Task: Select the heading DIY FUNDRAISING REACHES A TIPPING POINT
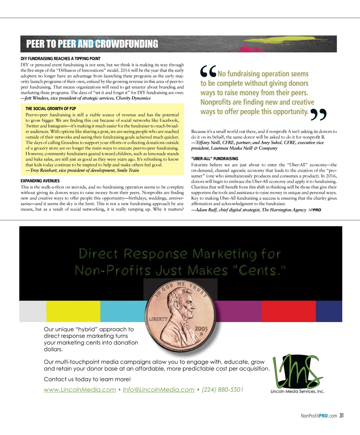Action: pos(60,59)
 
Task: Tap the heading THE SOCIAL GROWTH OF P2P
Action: pos(51,109)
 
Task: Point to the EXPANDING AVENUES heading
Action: pos(40,181)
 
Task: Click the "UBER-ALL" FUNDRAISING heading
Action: pos(214,159)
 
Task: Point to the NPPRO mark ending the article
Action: pos(315,210)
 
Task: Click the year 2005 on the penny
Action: pos(201,329)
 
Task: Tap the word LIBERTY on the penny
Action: pos(158,319)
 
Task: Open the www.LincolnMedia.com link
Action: pos(80,390)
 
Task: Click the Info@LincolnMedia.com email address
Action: pos(159,390)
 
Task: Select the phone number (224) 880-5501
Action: pos(223,390)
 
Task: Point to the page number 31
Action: pos(342,416)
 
